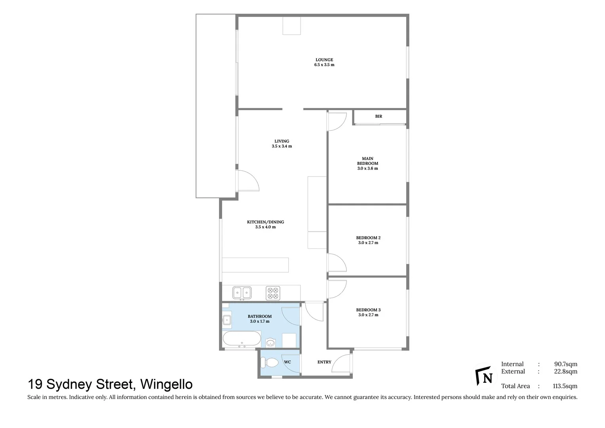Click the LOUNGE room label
coord(324,60)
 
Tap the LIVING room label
coord(282,141)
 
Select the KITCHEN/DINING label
coord(265,222)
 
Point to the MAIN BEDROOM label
coord(367,161)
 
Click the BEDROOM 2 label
coord(368,238)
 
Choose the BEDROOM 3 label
coord(368,310)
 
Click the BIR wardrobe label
coord(379,117)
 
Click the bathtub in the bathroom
coord(242,339)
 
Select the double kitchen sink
coord(242,293)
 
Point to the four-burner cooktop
coord(273,293)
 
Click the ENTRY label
coord(324,362)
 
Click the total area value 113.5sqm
coord(565,386)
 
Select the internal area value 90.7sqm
coord(565,364)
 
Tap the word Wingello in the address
coord(166,384)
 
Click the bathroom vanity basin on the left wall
coord(227,320)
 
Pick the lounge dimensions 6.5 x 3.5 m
coord(324,65)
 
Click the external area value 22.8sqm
coord(565,371)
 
